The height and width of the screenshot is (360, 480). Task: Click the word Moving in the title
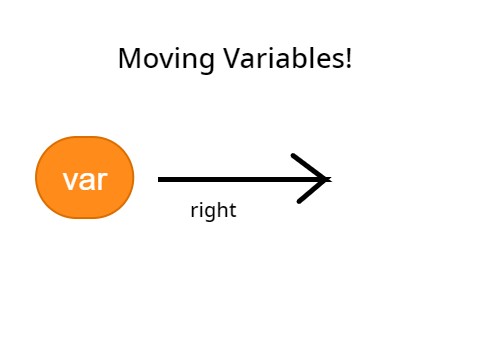152,59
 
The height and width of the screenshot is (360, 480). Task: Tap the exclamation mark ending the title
348,58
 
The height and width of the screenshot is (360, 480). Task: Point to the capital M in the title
127,59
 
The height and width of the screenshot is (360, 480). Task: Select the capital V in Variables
203,59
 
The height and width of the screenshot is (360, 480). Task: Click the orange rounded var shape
85,177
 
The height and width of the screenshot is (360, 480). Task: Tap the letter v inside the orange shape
70,181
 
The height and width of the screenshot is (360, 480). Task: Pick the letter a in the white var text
85,181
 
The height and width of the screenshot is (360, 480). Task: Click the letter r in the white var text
100,181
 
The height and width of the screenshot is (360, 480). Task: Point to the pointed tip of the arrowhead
328,180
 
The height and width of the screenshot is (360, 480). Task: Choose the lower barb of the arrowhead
312,192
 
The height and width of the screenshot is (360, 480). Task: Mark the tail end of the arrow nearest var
161,180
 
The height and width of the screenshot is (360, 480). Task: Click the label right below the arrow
213,211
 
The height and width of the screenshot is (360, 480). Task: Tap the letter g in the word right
208,213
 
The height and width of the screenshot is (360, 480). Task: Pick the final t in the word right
232,211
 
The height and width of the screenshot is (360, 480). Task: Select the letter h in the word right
221,210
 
